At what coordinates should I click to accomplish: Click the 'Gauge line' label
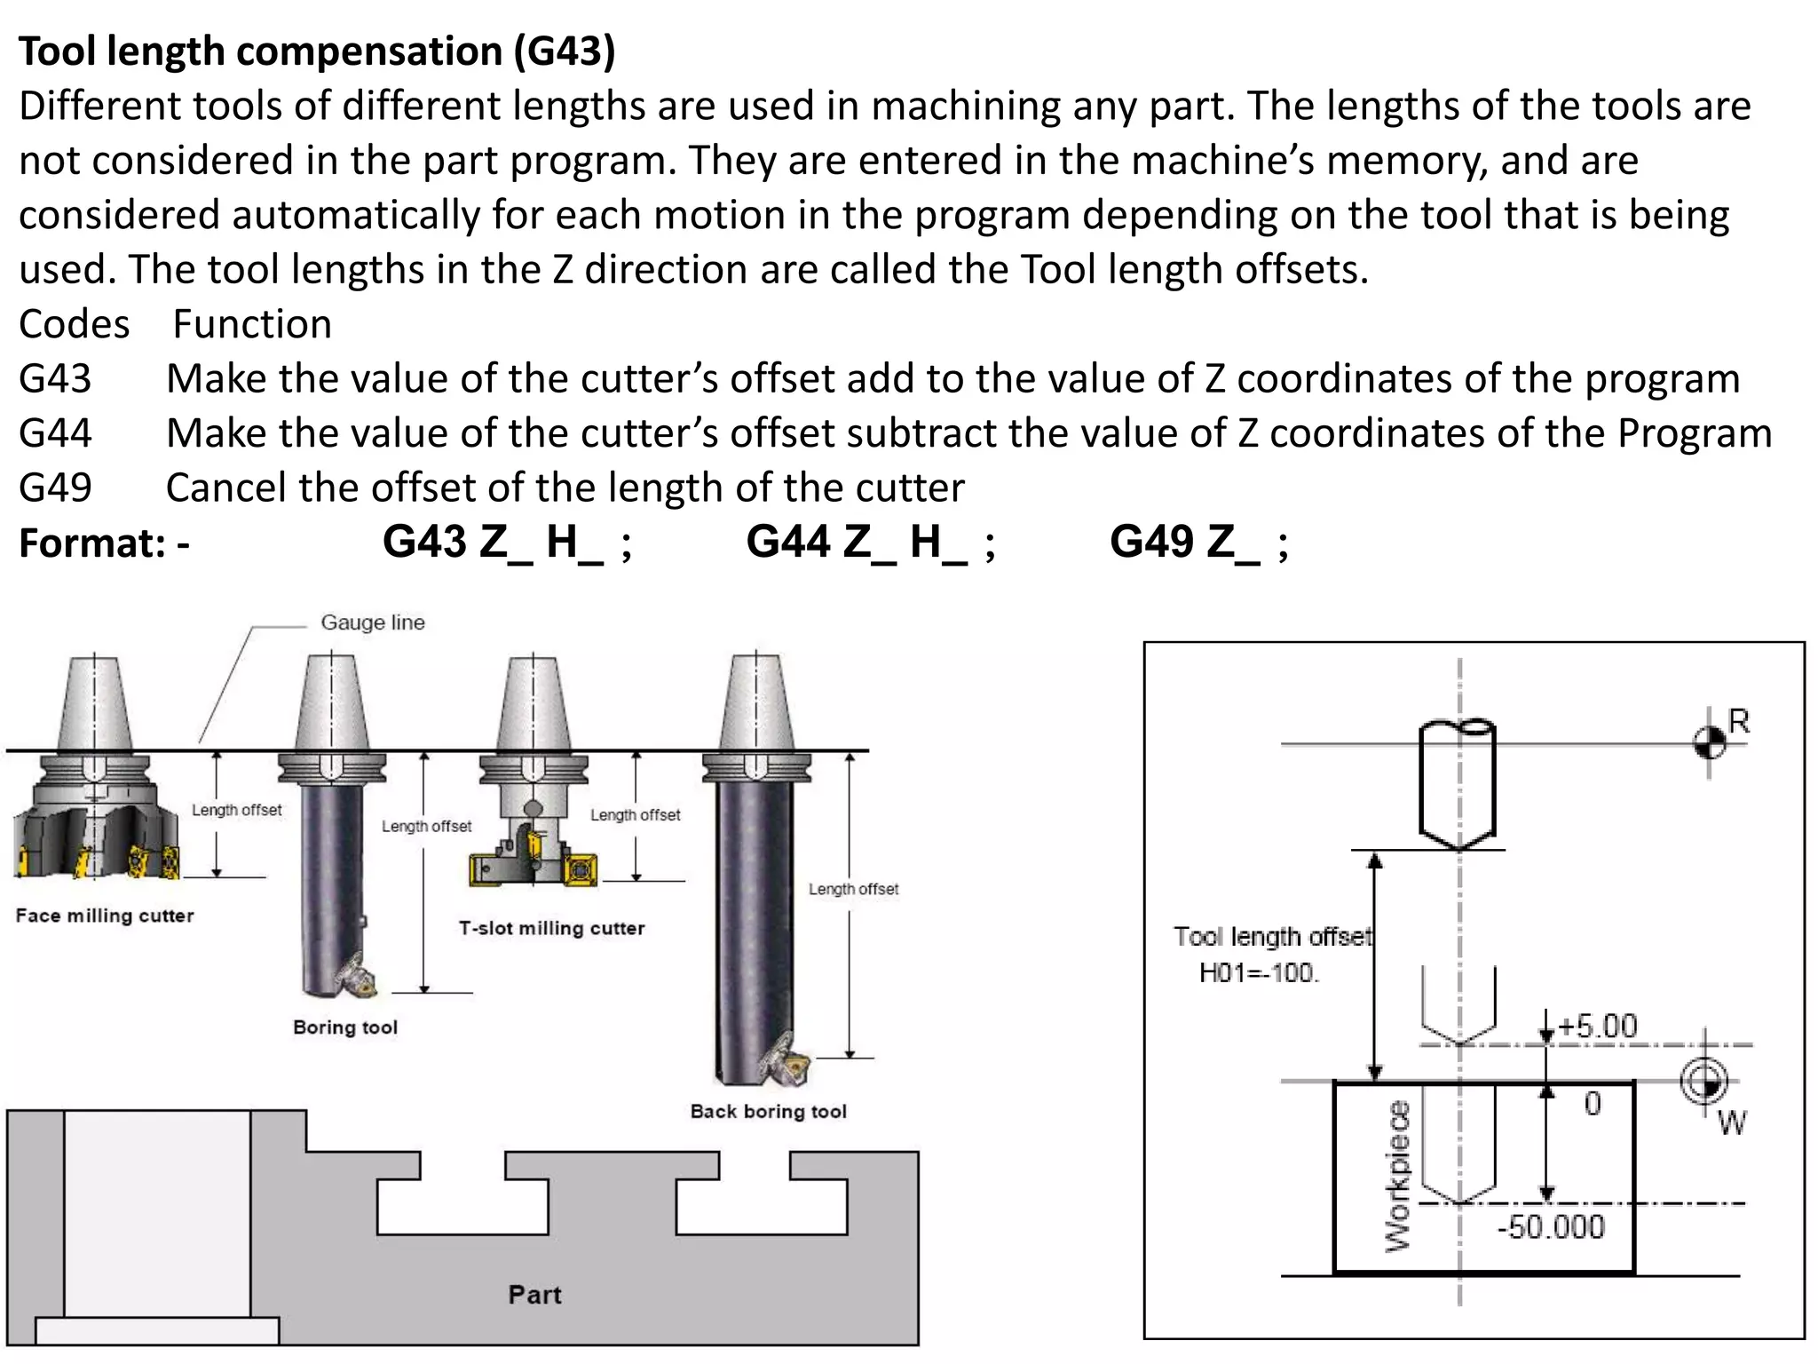click(x=372, y=623)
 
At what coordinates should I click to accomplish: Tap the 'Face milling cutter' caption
click(x=105, y=916)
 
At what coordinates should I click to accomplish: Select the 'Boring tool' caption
click(x=345, y=1027)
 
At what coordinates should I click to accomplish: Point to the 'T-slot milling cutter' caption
click(x=551, y=928)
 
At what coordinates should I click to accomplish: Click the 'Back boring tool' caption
click(x=768, y=1111)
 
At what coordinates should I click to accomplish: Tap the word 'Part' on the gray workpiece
click(x=534, y=1294)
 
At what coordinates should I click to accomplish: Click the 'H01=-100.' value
click(x=1259, y=973)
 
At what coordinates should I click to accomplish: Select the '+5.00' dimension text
click(x=1597, y=1027)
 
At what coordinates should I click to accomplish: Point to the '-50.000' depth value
click(x=1551, y=1227)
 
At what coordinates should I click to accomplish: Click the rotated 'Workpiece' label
click(x=1397, y=1177)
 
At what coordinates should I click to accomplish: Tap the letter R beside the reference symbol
click(x=1739, y=721)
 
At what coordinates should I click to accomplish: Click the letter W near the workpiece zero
click(x=1731, y=1124)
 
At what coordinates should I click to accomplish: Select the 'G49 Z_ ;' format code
click(x=1198, y=541)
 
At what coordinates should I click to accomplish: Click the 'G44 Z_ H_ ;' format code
click(x=870, y=541)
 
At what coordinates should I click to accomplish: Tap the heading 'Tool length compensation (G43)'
click(x=317, y=51)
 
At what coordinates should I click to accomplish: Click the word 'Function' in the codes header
click(x=252, y=324)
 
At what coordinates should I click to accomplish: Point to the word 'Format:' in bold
click(x=92, y=543)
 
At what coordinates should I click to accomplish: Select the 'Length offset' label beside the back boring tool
click(x=853, y=889)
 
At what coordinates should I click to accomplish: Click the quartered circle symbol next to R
click(x=1710, y=742)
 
